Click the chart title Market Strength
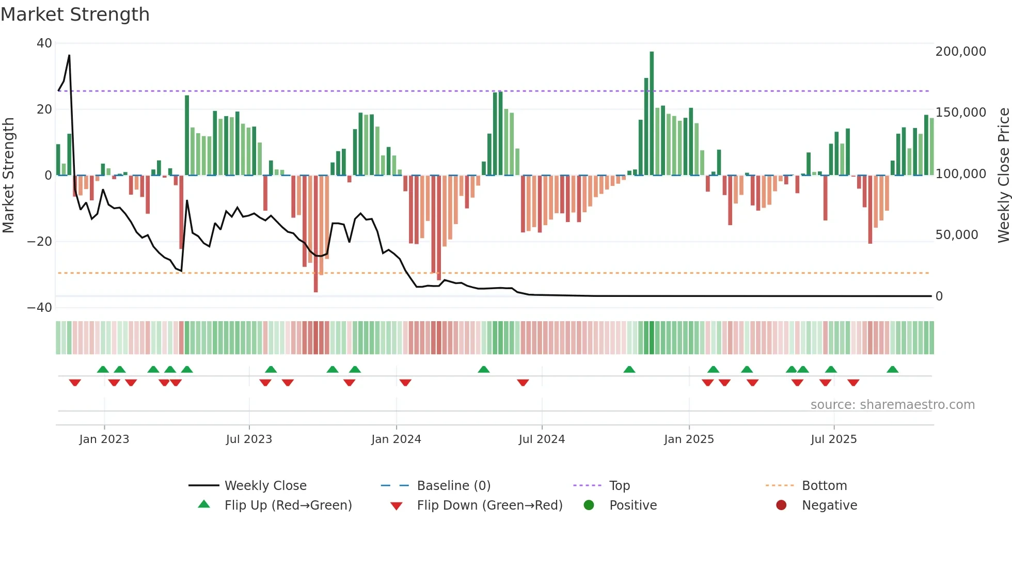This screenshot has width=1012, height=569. tap(75, 14)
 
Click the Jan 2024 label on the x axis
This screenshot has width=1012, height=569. tap(396, 439)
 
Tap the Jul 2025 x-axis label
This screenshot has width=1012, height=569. tap(833, 439)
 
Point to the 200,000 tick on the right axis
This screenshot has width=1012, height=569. tap(960, 52)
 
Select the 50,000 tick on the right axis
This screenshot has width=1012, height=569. tap(956, 235)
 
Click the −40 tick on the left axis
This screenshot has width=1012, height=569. tap(40, 308)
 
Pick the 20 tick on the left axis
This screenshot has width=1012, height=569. tap(44, 109)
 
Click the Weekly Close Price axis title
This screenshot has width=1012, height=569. tap(1003, 175)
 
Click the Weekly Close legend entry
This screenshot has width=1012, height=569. tap(265, 486)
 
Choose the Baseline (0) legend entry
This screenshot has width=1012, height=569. tap(453, 486)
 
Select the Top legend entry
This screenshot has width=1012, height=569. tap(619, 486)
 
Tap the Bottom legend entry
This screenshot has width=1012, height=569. tap(824, 486)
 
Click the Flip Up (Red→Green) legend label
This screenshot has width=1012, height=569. tap(288, 505)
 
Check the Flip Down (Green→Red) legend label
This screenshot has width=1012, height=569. tap(489, 505)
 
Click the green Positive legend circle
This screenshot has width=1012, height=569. tap(589, 505)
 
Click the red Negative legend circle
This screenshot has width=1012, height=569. tap(781, 505)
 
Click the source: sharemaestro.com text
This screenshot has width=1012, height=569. tap(892, 405)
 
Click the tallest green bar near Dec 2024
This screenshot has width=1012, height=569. tap(652, 114)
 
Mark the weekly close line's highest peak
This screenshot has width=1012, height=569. tap(69, 55)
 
